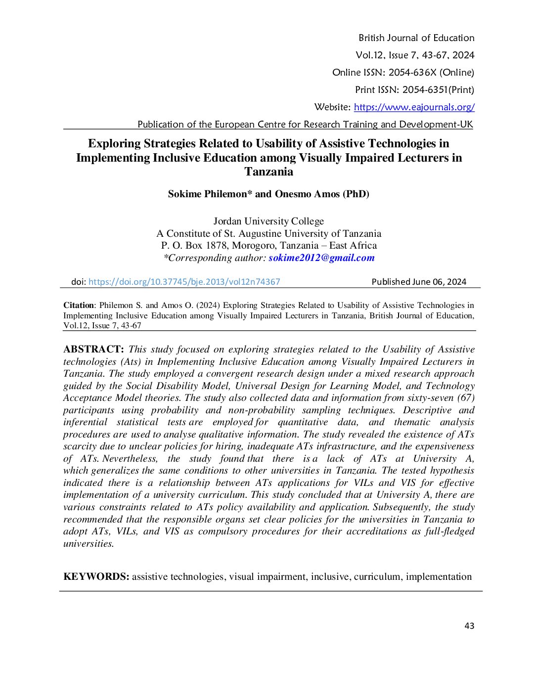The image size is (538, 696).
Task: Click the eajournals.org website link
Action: click(x=414, y=107)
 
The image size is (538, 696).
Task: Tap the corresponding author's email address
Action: click(x=321, y=258)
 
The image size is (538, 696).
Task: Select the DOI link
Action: click(x=184, y=282)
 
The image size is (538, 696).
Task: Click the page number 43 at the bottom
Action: click(x=469, y=626)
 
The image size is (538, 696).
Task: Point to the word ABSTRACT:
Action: click(x=93, y=349)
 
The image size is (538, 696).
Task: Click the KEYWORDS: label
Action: click(x=96, y=577)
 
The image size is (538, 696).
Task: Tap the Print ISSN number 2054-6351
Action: click(x=425, y=90)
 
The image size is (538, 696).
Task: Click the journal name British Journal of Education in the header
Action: click(x=416, y=38)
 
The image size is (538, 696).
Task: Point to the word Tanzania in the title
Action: click(x=269, y=172)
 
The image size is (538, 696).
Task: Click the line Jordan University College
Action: click(x=269, y=221)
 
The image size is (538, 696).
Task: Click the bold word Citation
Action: click(x=79, y=305)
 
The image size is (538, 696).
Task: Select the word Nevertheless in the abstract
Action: click(x=130, y=459)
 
